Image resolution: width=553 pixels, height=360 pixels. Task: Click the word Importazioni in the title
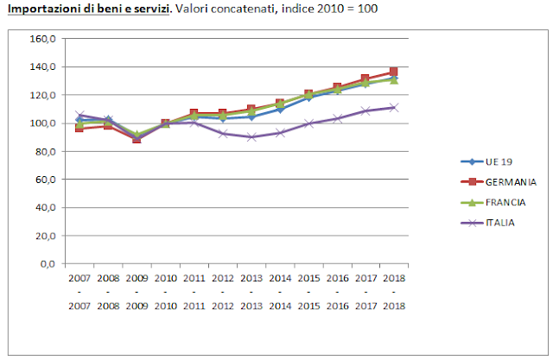click(43, 8)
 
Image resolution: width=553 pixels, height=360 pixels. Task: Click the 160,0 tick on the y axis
click(44, 39)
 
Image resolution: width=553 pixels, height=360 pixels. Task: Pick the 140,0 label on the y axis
click(44, 66)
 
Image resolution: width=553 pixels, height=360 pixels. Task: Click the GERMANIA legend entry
click(510, 182)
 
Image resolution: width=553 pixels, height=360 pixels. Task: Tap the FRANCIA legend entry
click(506, 202)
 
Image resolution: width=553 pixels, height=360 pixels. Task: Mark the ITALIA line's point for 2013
click(252, 136)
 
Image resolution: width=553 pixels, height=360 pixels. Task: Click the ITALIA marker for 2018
click(394, 107)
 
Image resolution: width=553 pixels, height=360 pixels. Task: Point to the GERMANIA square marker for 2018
click(394, 72)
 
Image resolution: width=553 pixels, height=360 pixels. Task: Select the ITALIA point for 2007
click(80, 115)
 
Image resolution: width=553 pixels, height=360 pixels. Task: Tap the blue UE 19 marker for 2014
click(280, 109)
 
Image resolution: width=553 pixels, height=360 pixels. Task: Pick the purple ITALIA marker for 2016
click(337, 118)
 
